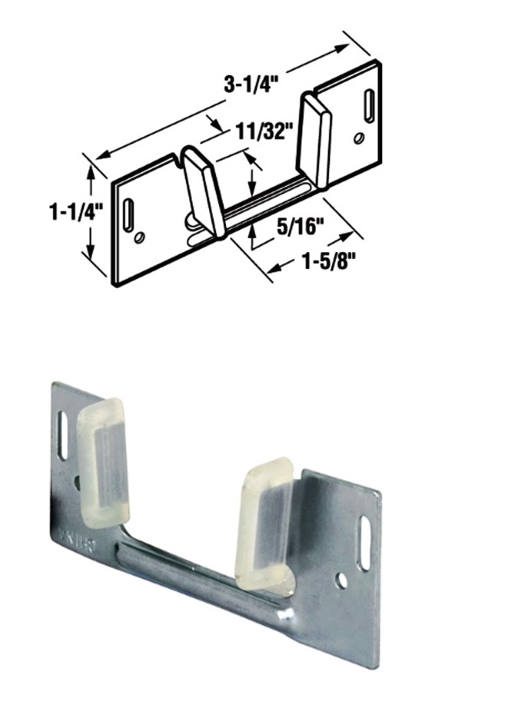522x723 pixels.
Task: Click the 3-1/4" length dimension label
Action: (x=251, y=85)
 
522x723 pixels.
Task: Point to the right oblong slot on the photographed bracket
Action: (x=365, y=534)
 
